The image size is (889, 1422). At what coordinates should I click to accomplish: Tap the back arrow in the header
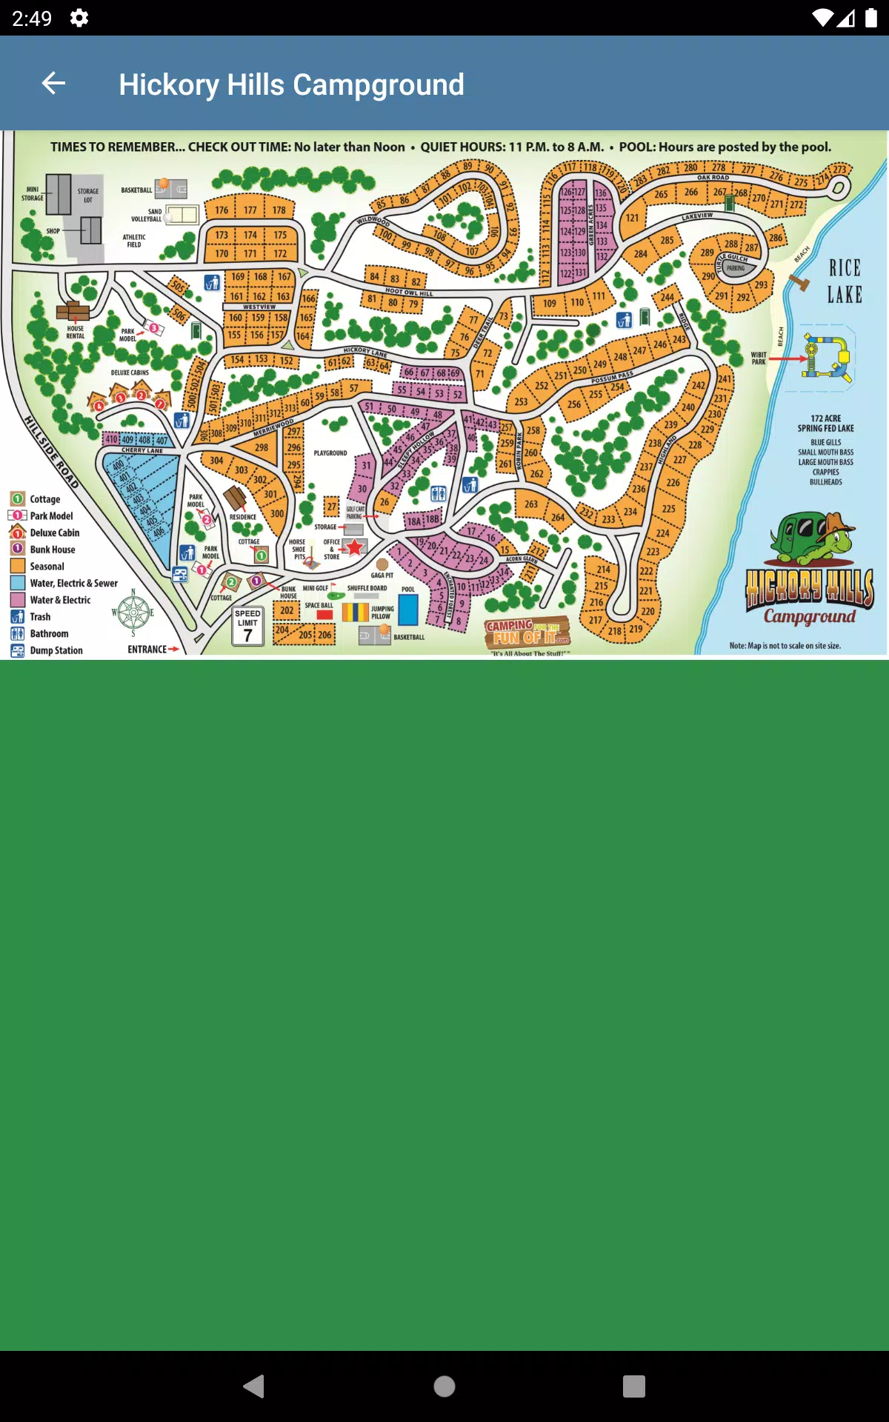tap(53, 84)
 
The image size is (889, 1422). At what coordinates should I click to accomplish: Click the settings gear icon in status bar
tap(79, 18)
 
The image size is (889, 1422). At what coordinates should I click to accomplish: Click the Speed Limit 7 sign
tap(247, 627)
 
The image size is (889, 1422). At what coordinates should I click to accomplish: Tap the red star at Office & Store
tap(355, 547)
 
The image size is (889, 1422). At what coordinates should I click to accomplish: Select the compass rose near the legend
tap(133, 612)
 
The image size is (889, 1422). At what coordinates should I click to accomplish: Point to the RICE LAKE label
tap(845, 281)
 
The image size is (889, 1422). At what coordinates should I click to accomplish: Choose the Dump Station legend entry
tap(56, 651)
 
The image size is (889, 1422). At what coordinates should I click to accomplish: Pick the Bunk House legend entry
tap(52, 550)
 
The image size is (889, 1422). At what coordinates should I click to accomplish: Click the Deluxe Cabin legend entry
tap(54, 533)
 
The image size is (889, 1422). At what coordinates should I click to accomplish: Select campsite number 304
tap(216, 461)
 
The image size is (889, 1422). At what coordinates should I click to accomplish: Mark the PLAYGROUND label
tap(330, 453)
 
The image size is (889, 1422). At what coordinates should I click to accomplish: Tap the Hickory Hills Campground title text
tap(291, 84)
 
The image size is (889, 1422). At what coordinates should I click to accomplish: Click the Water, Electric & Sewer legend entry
tap(73, 584)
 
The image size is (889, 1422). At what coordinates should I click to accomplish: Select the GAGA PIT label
tap(382, 575)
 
